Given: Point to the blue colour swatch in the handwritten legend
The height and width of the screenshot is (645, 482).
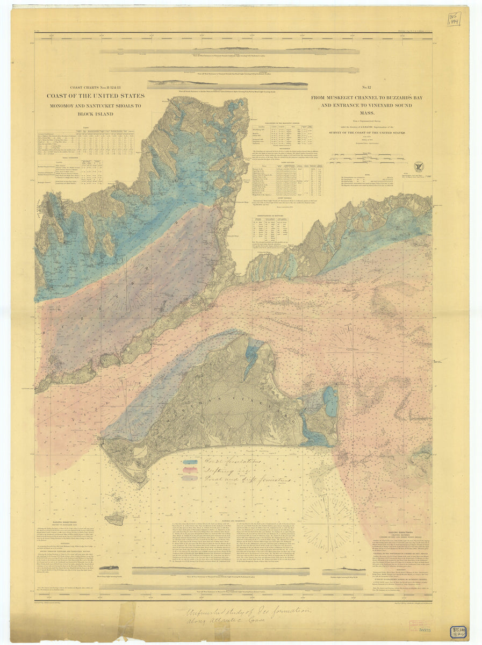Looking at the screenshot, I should tap(190, 462).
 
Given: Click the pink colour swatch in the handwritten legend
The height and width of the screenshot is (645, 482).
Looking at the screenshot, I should tap(190, 469).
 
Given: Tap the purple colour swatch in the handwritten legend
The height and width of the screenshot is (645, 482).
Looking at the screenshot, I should tap(190, 477).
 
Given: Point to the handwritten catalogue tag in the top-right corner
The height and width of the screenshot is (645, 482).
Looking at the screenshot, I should tap(454, 20).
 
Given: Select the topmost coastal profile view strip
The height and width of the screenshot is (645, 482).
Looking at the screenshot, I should tap(229, 52).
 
